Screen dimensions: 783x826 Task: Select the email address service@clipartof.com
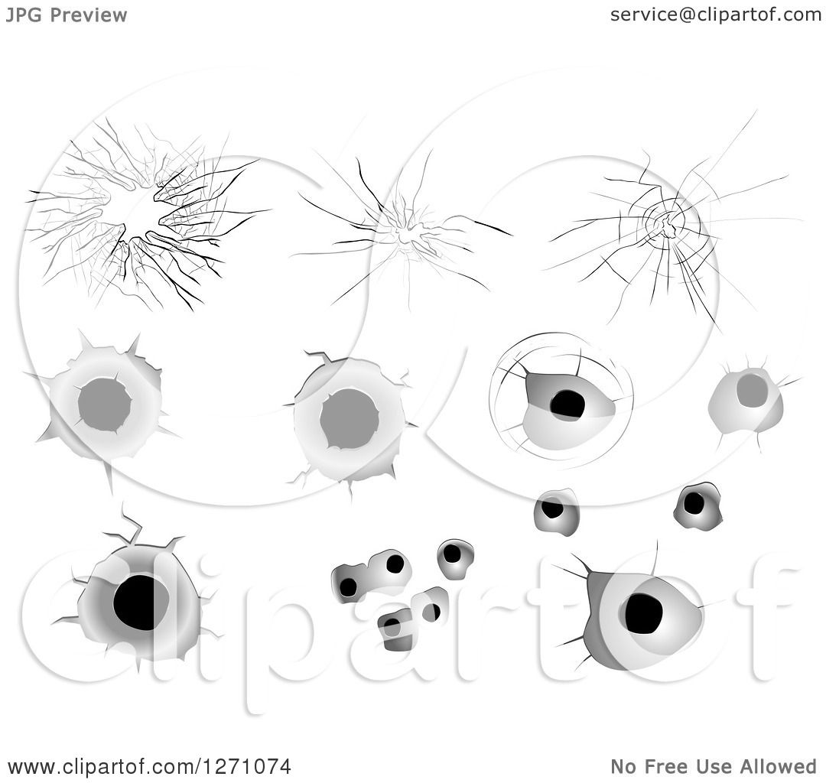[x=716, y=15]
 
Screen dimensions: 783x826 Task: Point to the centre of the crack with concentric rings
[x=667, y=223]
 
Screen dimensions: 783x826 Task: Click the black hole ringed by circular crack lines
[x=567, y=404]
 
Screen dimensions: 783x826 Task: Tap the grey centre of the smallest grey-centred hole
[x=752, y=390]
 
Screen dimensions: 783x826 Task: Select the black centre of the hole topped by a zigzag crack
[x=140, y=603]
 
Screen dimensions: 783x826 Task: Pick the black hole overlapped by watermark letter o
[x=642, y=613]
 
